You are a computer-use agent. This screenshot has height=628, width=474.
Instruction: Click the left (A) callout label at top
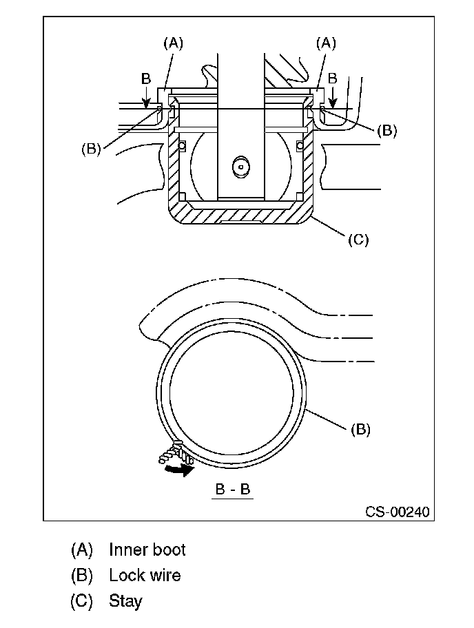(x=174, y=43)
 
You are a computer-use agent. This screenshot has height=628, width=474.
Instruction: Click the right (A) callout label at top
(x=326, y=43)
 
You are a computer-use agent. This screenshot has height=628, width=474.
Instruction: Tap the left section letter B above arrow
(x=146, y=78)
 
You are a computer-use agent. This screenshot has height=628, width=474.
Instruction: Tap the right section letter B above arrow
(x=333, y=78)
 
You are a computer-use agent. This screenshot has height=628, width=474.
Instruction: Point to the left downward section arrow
(x=147, y=98)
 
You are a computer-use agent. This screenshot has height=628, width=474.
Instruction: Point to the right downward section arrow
(x=332, y=98)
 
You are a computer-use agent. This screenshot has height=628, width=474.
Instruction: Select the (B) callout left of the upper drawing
(x=91, y=149)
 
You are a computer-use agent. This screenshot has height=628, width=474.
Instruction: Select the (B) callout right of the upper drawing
(x=387, y=131)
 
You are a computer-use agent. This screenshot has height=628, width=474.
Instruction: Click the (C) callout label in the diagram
(x=358, y=240)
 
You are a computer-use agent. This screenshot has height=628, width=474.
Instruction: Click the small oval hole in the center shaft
(x=241, y=166)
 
